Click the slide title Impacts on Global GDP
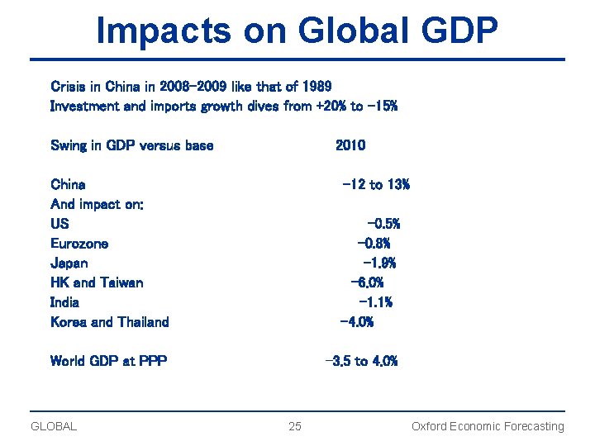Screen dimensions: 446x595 pyautogui.click(x=297, y=31)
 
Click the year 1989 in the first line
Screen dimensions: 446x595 pyautogui.click(x=317, y=86)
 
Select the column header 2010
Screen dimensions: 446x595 pyautogui.click(x=350, y=145)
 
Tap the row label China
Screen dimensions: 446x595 pyautogui.click(x=68, y=184)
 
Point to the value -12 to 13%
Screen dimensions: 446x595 pyautogui.click(x=376, y=184)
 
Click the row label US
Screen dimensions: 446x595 pyautogui.click(x=59, y=224)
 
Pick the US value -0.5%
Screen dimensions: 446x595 pyautogui.click(x=383, y=224)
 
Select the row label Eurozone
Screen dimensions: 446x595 pyautogui.click(x=79, y=244)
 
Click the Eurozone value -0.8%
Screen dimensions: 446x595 pyautogui.click(x=374, y=244)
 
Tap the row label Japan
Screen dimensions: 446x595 pyautogui.click(x=69, y=263)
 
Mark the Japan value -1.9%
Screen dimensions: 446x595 pyautogui.click(x=379, y=263)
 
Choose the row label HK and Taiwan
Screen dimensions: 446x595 pyautogui.click(x=97, y=282)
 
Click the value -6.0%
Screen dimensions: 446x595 pyautogui.click(x=368, y=282)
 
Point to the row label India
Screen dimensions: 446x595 pyautogui.click(x=65, y=302)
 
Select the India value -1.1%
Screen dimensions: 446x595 pyautogui.click(x=376, y=302)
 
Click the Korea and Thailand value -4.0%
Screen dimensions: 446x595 pyautogui.click(x=357, y=322)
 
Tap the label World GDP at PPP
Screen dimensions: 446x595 pyautogui.click(x=108, y=361)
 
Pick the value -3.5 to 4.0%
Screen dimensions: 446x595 pyautogui.click(x=362, y=361)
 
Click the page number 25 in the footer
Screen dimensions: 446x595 pyautogui.click(x=295, y=426)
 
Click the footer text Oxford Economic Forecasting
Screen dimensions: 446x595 pyautogui.click(x=488, y=426)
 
